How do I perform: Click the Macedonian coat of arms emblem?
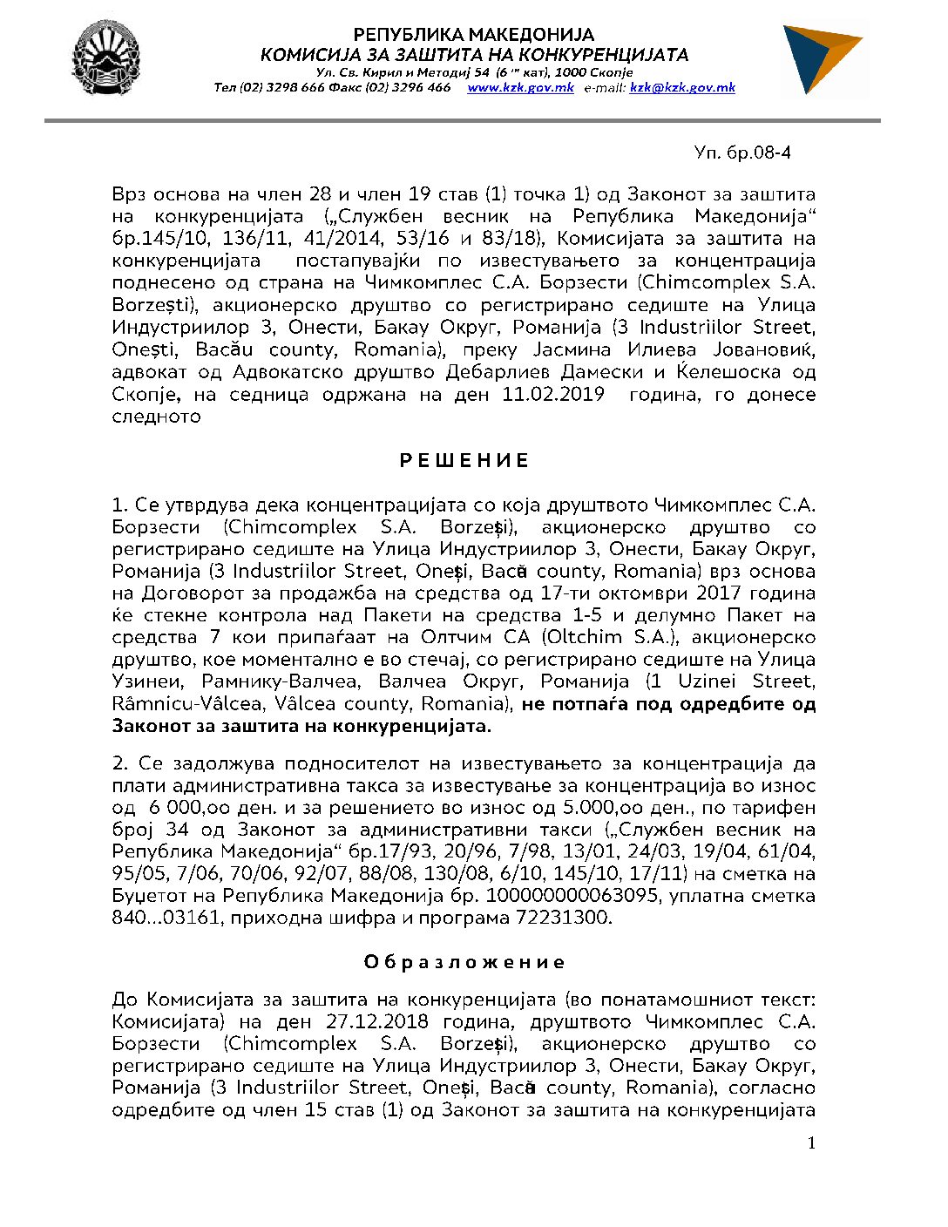(105, 58)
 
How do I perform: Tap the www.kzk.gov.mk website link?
(520, 88)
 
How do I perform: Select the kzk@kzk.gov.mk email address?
(682, 88)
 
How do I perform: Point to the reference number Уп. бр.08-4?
(742, 153)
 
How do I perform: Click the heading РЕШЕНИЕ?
(464, 460)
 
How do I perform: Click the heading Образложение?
(464, 962)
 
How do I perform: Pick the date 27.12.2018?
(376, 1021)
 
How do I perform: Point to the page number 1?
(811, 1143)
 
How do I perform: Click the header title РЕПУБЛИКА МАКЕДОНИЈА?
(474, 36)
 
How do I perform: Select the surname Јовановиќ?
(763, 349)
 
